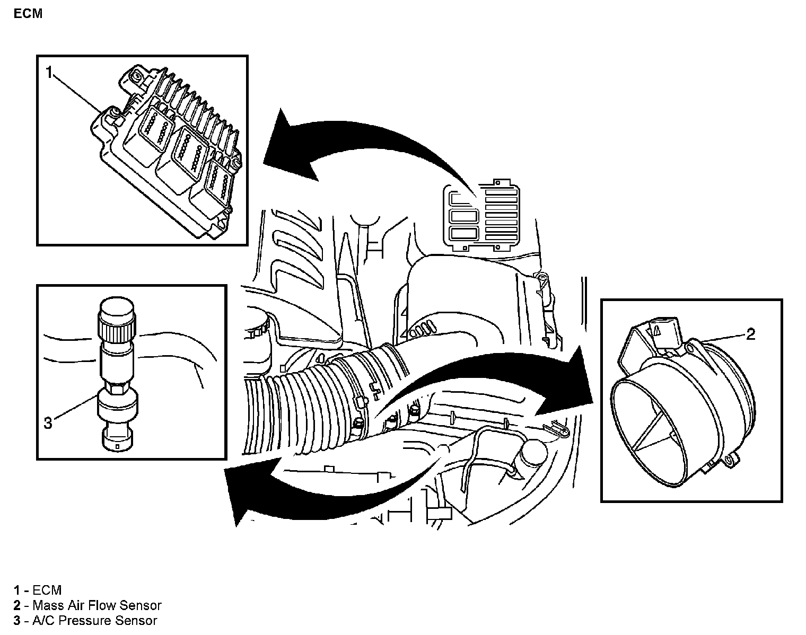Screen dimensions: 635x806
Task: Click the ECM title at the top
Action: [28, 14]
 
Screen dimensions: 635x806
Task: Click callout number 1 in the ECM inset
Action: [49, 73]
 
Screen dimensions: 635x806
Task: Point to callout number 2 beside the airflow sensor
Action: [750, 334]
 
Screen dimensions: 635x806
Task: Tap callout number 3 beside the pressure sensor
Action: [48, 423]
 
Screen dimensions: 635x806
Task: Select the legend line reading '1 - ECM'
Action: [38, 590]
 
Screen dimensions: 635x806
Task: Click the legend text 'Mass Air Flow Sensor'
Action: [97, 605]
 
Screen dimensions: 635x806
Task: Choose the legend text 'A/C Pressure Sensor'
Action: [94, 621]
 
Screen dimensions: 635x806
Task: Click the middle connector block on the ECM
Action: [182, 154]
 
